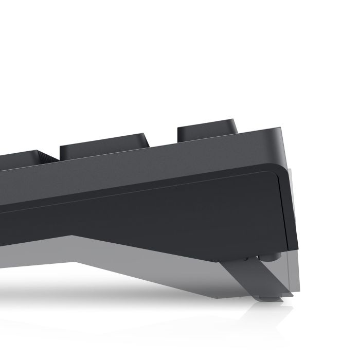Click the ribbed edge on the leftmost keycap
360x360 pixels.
point(49,157)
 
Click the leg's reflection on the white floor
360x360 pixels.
point(267,314)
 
